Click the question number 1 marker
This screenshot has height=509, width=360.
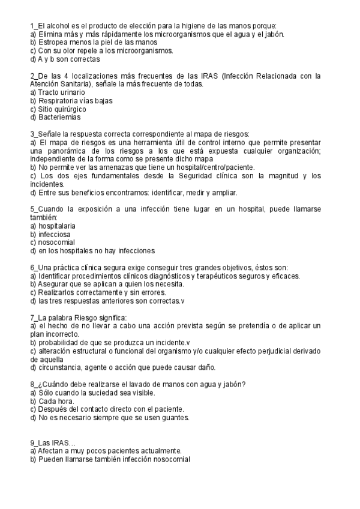pyautogui.click(x=32, y=26)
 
